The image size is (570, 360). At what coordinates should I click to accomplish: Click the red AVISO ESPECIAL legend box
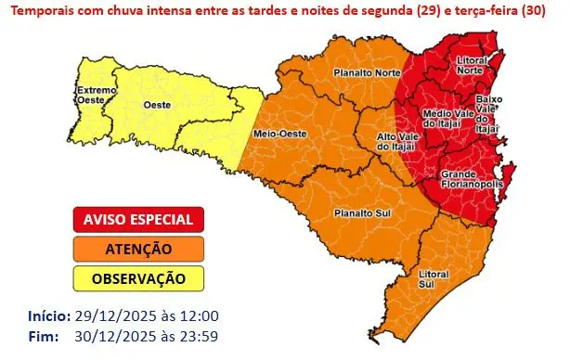pos(137,220)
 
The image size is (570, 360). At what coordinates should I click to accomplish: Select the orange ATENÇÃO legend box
pos(137,249)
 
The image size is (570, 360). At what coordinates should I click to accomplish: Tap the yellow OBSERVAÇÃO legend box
pos(137,277)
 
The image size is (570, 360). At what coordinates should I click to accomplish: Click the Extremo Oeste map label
pos(94,95)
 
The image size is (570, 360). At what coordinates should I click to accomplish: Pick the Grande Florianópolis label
pos(472,178)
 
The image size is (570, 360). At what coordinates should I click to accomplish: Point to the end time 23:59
pos(201,335)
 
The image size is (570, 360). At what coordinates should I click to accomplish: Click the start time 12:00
pos(201,316)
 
